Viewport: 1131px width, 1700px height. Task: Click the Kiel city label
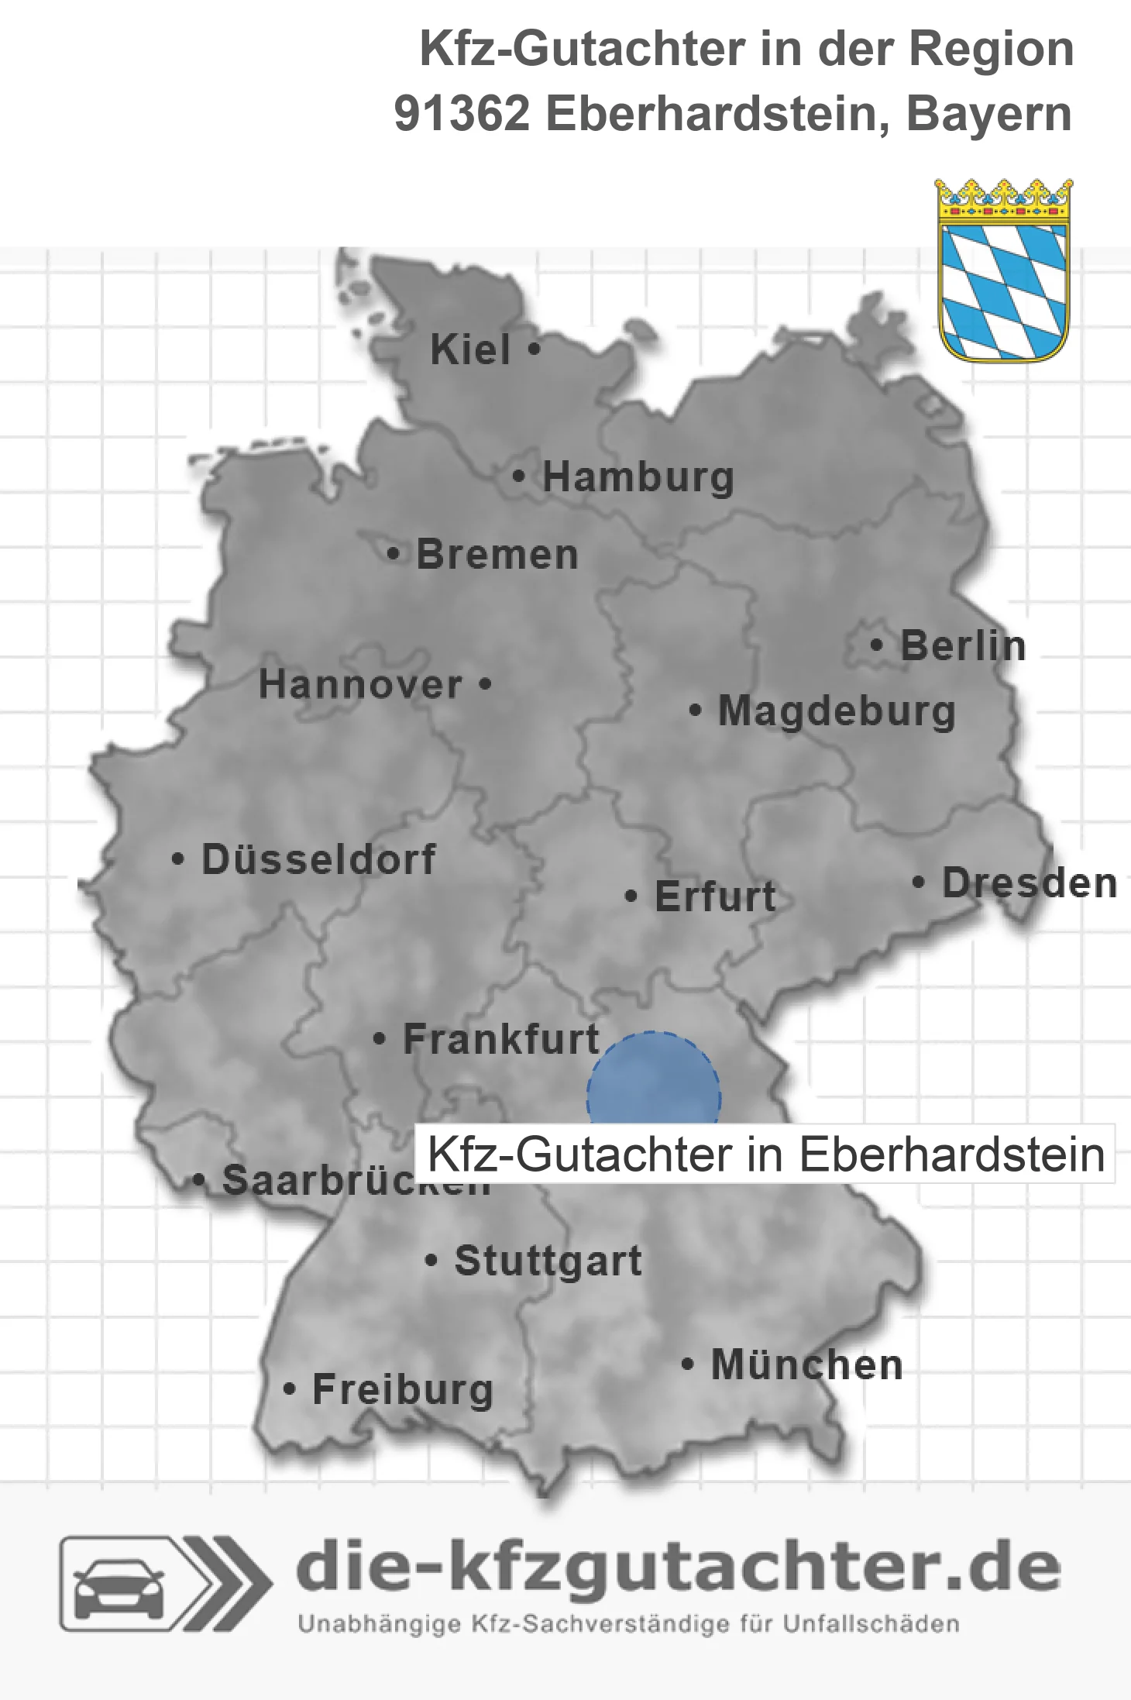pyautogui.click(x=470, y=349)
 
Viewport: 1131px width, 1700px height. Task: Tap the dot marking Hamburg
pyautogui.click(x=519, y=477)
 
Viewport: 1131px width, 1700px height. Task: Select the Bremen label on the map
pyautogui.click(x=497, y=555)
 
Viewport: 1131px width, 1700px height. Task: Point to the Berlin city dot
pyautogui.click(x=876, y=645)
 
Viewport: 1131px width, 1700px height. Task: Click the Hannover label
pyautogui.click(x=360, y=685)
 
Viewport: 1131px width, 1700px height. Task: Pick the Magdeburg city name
pyautogui.click(x=837, y=711)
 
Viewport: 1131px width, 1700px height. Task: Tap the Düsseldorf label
pyautogui.click(x=318, y=859)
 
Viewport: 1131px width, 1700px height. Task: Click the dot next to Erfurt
pyautogui.click(x=631, y=896)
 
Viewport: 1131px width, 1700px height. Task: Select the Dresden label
pyautogui.click(x=1030, y=883)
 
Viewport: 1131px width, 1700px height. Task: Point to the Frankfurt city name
pyautogui.click(x=501, y=1039)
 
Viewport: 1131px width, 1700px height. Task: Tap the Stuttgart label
pyautogui.click(x=548, y=1261)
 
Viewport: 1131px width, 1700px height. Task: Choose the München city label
pyautogui.click(x=806, y=1364)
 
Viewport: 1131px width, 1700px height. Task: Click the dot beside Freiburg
pyautogui.click(x=290, y=1389)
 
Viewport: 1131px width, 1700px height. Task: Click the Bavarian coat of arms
pyautogui.click(x=1003, y=270)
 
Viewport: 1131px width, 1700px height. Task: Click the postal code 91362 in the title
pyautogui.click(x=462, y=114)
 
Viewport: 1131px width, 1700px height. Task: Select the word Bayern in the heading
pyautogui.click(x=988, y=114)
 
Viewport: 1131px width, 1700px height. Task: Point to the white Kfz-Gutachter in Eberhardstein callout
pyautogui.click(x=765, y=1155)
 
